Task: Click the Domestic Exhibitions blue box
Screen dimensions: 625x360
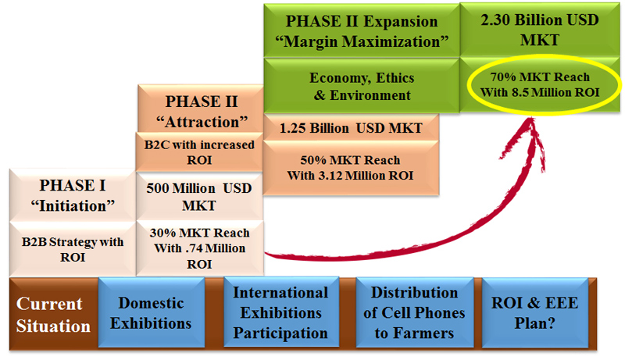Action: (152, 312)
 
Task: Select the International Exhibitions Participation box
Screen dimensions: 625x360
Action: (281, 312)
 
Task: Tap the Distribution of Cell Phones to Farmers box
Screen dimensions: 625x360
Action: (415, 312)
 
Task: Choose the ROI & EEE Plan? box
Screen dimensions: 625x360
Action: (535, 312)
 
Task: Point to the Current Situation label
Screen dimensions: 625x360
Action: (53, 315)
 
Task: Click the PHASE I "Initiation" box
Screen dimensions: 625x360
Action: (73, 195)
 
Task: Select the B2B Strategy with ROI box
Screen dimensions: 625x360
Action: (73, 249)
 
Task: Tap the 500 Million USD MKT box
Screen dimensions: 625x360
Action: (199, 196)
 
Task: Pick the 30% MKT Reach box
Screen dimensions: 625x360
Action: (199, 248)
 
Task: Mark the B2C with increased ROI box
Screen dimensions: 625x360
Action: (199, 152)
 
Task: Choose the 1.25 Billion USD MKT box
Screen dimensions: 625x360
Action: (351, 127)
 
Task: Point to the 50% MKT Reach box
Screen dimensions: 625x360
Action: (351, 168)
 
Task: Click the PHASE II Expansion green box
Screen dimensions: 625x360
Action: (362, 31)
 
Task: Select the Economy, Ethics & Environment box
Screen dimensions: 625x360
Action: (362, 86)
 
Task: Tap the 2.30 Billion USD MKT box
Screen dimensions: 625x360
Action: (540, 30)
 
